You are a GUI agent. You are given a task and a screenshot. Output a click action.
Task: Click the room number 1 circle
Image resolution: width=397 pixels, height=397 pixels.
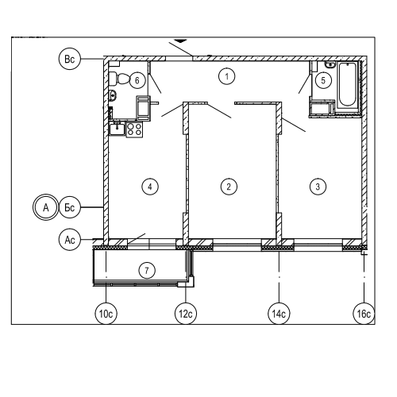pos(227,76)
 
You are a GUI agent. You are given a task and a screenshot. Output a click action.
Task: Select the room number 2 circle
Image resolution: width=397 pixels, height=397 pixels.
pos(229,187)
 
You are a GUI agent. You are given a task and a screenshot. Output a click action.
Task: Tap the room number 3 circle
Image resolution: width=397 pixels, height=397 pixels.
pos(318,187)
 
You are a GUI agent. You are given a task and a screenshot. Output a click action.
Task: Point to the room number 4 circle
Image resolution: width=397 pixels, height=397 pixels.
pos(150,187)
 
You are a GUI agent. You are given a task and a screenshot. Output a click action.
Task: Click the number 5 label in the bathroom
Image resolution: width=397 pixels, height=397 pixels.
pos(323,80)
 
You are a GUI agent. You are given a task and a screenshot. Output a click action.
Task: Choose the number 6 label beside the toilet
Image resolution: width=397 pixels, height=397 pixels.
pos(137,80)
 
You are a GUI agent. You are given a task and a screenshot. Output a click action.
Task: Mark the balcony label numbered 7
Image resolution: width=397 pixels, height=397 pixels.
pos(147,271)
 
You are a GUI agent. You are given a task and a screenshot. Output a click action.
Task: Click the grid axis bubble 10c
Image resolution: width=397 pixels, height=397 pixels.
pos(106,314)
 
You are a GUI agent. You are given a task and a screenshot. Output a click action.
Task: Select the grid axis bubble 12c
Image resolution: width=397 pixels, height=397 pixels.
pos(186,314)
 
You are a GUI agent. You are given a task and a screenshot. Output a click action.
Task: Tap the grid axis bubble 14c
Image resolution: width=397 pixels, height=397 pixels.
pos(279,314)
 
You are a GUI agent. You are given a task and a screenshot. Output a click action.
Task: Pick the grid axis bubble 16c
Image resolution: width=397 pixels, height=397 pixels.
pos(364,314)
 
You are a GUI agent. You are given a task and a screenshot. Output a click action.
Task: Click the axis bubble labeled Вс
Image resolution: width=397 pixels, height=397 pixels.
pos(70,59)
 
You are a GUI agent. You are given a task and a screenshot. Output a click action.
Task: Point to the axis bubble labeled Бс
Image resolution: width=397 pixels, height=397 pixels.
pos(70,207)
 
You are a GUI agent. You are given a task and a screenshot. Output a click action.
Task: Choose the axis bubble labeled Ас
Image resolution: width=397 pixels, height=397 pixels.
pos(70,240)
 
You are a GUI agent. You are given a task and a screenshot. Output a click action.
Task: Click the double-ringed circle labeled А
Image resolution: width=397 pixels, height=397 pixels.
pos(45,207)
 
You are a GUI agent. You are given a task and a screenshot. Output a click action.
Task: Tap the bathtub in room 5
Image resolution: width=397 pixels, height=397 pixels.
pos(347,84)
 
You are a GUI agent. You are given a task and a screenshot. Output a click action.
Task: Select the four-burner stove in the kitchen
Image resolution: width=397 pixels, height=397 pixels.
pos(134,129)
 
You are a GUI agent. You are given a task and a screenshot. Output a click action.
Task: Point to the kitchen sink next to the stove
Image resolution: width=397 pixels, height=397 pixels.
pos(117,129)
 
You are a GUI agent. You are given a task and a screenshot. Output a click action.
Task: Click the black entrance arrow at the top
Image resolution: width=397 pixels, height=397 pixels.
pos(181,41)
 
